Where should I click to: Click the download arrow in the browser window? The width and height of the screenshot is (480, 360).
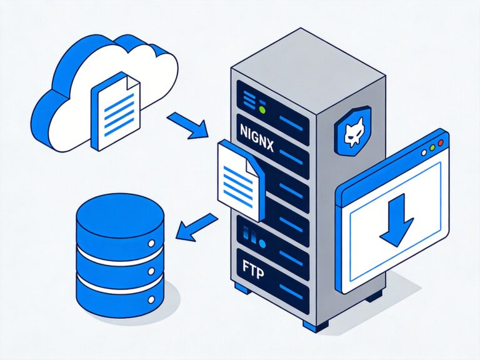pos(396,219)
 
